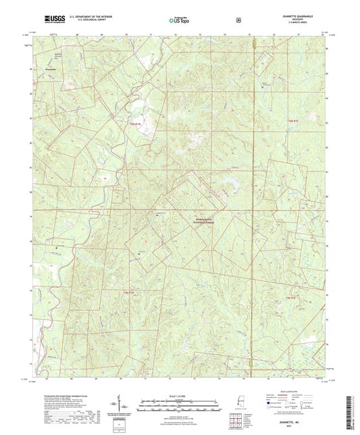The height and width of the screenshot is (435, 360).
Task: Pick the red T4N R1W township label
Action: click(134, 292)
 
